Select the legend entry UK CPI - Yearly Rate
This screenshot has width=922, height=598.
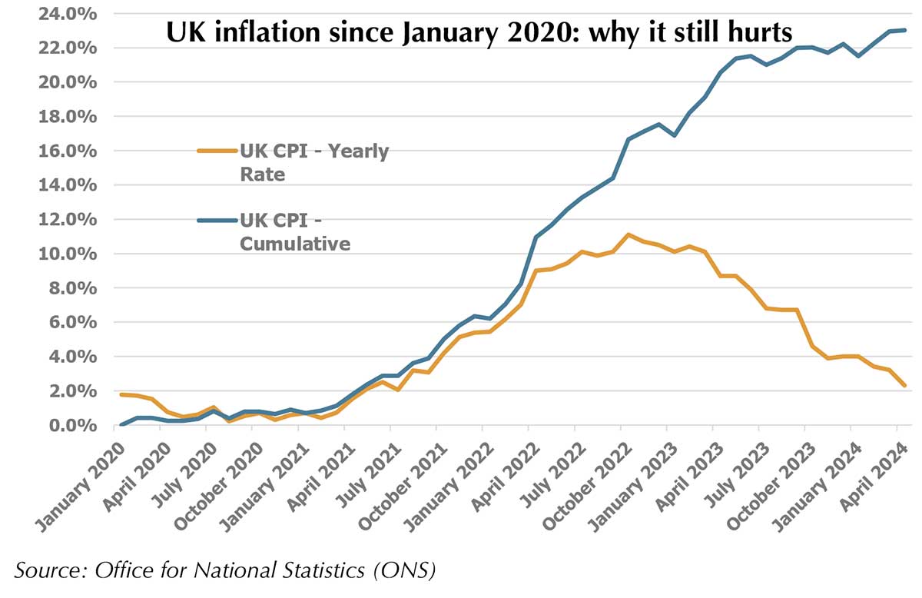(313, 162)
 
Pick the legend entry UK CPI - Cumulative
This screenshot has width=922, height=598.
(295, 232)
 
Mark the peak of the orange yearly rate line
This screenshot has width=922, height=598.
(628, 234)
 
